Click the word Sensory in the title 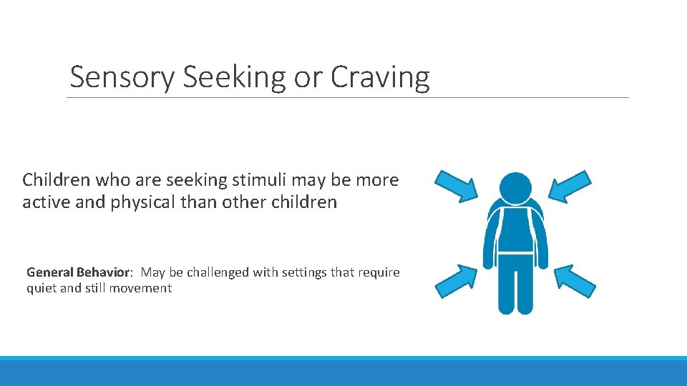tap(121, 77)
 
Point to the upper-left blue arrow tap(458, 184)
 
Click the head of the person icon tap(515, 187)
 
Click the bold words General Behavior tap(79, 272)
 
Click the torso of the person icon tap(515, 229)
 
